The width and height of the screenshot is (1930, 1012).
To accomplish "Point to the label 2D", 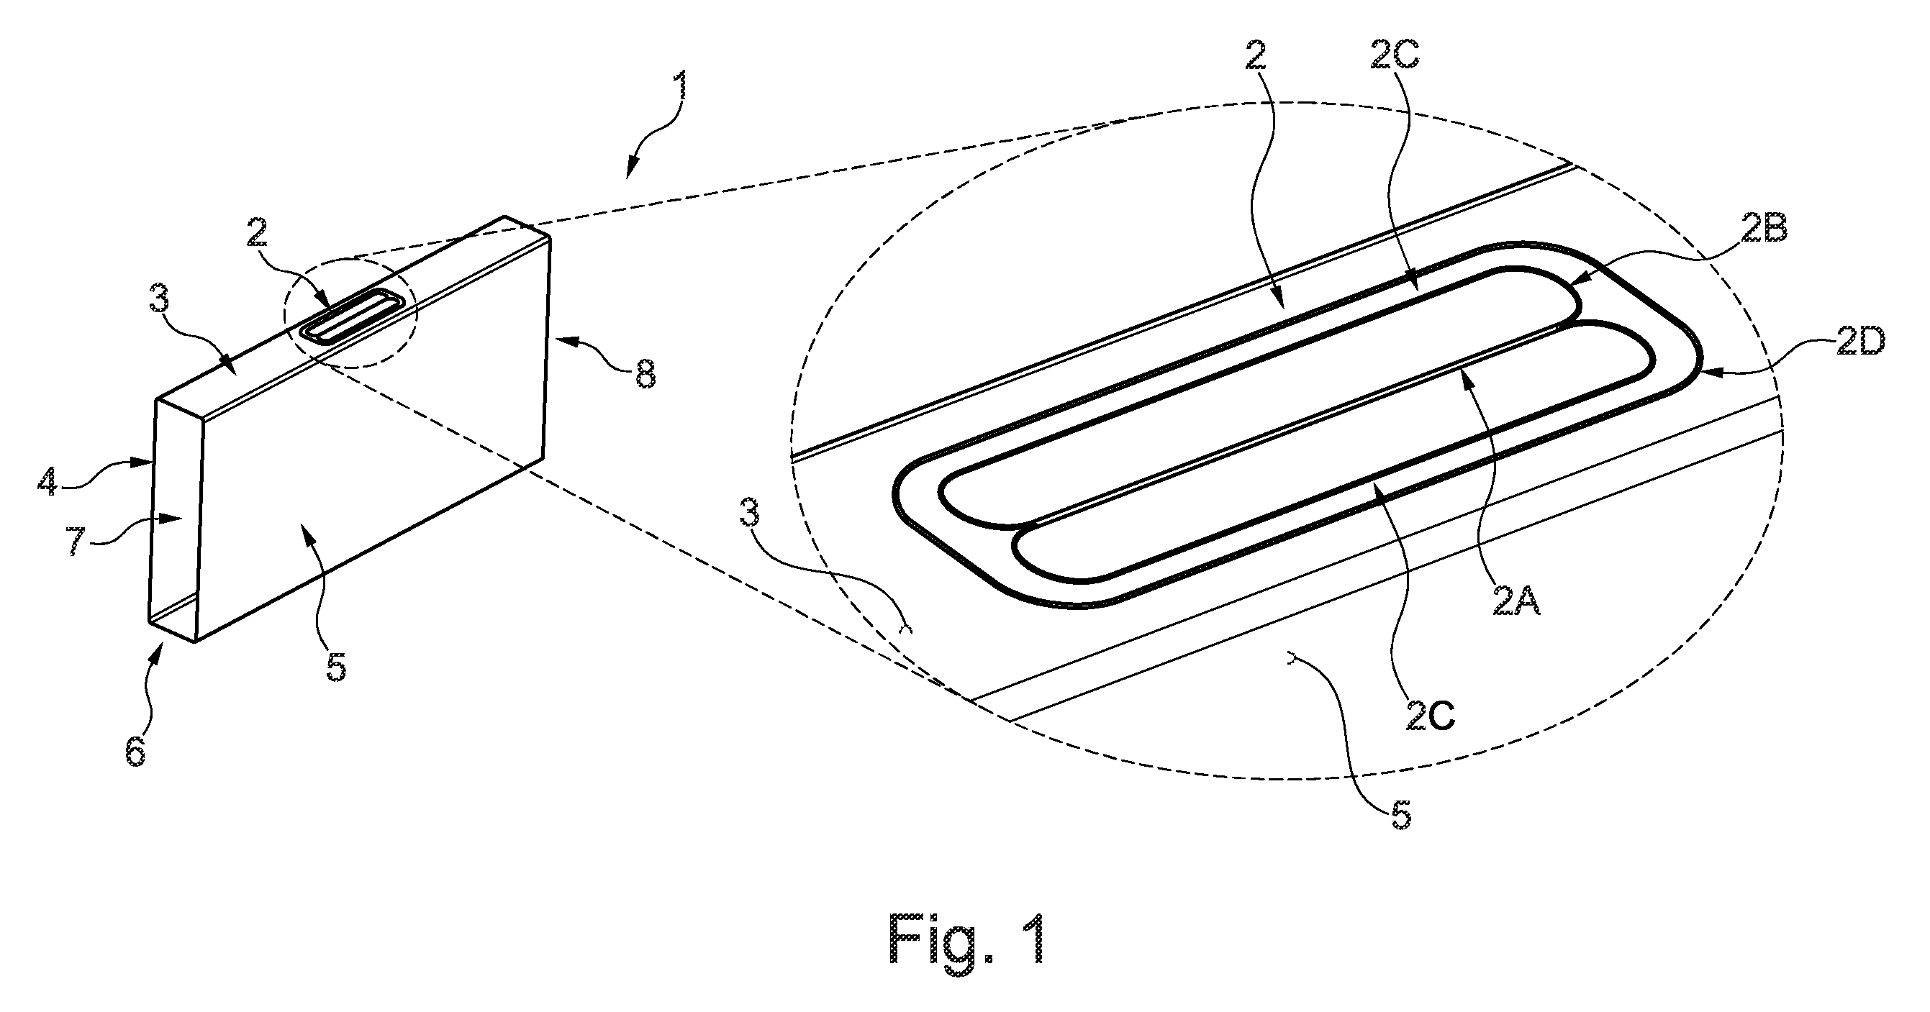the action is [1860, 344].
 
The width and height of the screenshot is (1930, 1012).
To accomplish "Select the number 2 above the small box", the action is [256, 233].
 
